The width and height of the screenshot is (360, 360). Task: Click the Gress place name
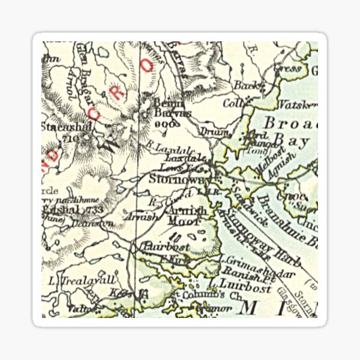(286, 69)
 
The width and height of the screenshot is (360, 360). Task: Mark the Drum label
(219, 131)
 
